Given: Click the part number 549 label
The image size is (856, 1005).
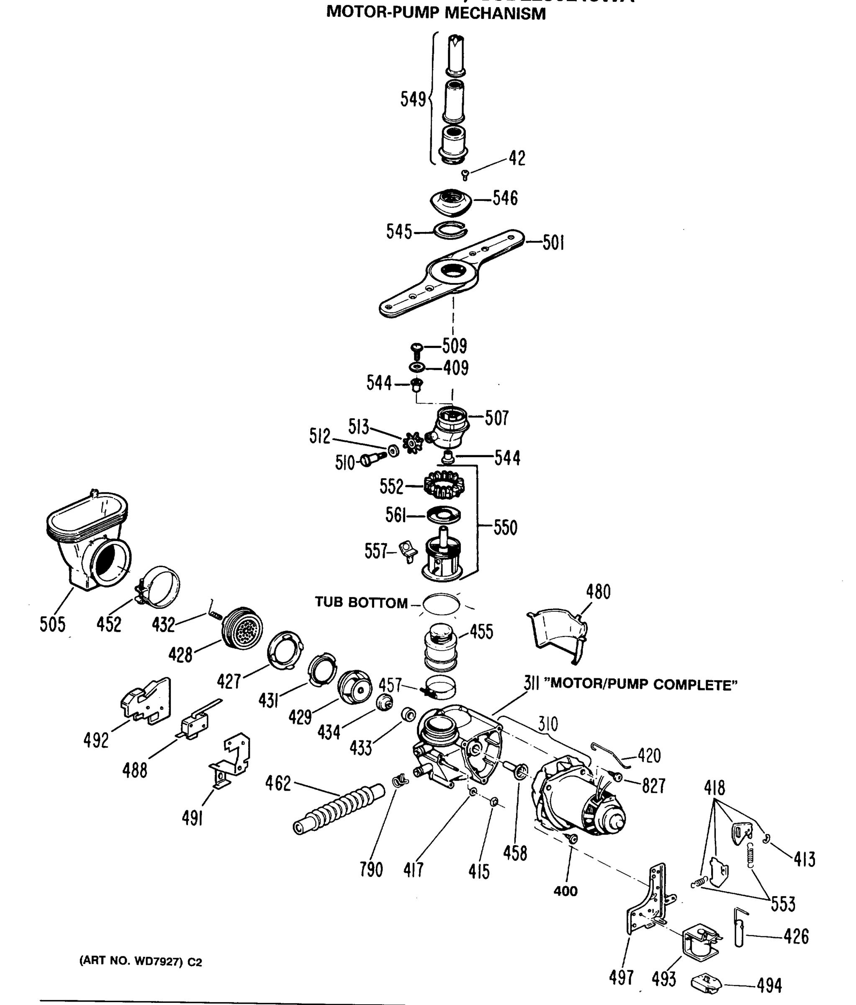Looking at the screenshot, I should point(412,99).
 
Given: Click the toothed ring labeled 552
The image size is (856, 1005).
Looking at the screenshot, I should point(444,485).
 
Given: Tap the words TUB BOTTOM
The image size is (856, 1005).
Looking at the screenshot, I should point(361,603).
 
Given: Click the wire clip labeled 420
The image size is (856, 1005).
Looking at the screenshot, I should point(608,754).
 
